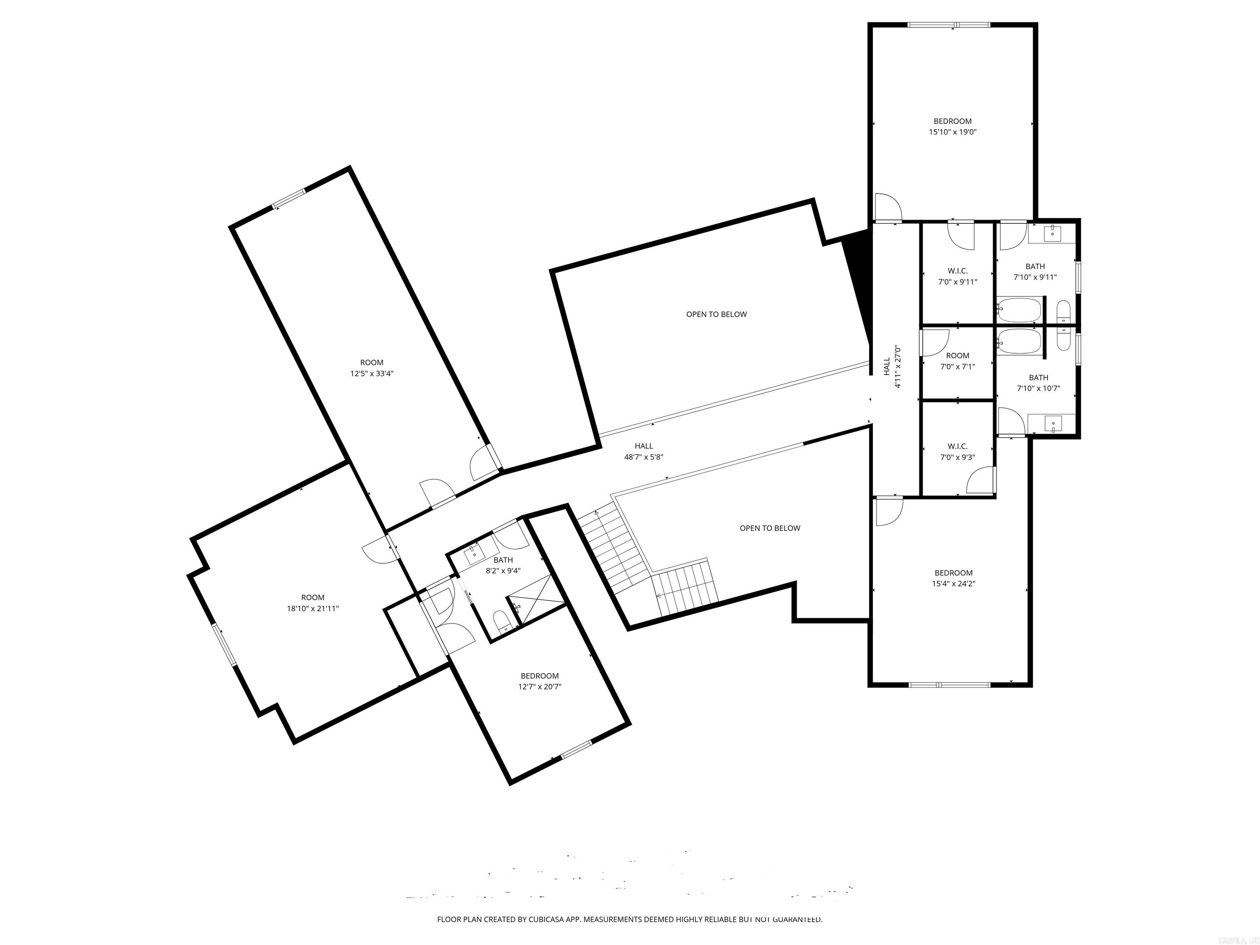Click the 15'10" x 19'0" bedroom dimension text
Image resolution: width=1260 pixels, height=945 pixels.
coord(952,132)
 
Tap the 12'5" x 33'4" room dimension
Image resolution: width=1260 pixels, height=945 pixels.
coord(371,374)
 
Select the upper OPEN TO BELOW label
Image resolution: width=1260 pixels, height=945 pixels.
coord(716,315)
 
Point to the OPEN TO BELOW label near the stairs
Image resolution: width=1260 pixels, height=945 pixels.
coord(769,528)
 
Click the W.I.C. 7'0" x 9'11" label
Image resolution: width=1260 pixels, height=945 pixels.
coord(958,276)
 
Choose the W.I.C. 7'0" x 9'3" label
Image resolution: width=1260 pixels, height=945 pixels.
coord(958,452)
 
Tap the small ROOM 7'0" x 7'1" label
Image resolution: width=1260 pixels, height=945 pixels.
coord(958,361)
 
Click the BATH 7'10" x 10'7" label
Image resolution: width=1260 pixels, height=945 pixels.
coord(1039,383)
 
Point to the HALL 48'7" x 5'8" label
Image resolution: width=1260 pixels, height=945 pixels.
coord(644,451)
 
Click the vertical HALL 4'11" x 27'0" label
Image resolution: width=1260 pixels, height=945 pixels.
coord(892,367)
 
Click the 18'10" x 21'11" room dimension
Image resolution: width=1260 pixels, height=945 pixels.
coord(313,608)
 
